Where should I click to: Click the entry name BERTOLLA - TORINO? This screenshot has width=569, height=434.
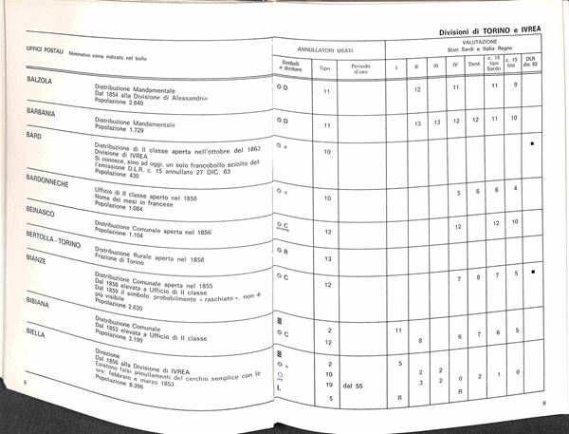point(54,242)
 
